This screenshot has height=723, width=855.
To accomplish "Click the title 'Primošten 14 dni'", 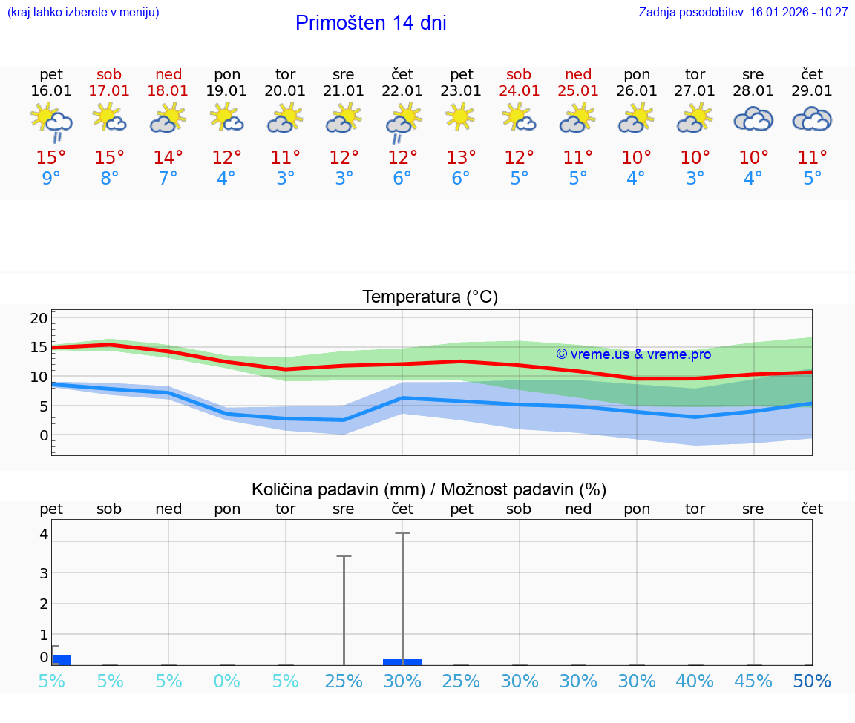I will click(x=370, y=23).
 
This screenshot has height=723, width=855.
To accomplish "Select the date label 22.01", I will click(x=402, y=91).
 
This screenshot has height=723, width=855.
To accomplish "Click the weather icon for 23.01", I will click(x=461, y=117).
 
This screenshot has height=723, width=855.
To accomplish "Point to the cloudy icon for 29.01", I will click(x=812, y=119).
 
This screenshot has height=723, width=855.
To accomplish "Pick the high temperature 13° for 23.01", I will click(x=461, y=157).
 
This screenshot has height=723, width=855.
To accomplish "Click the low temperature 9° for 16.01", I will click(x=51, y=179).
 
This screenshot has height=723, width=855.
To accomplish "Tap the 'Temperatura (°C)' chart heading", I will click(x=430, y=297).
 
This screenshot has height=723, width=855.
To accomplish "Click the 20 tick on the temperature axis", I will click(x=39, y=318).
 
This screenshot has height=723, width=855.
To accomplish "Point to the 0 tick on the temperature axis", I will click(x=43, y=435).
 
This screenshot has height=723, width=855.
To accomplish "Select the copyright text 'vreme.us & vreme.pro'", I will click(x=634, y=354).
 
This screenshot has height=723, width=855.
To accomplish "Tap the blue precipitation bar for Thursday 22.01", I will click(x=402, y=661).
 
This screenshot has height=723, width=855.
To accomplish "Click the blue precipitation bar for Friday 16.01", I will click(x=61, y=660).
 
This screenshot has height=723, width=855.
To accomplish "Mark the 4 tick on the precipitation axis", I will click(x=44, y=534).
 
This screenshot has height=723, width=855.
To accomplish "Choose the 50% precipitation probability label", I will click(x=812, y=681).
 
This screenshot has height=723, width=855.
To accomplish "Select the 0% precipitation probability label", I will click(x=227, y=681).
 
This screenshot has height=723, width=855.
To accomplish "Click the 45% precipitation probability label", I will click(x=753, y=681).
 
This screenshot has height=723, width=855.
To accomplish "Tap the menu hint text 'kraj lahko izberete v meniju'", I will click(x=83, y=12).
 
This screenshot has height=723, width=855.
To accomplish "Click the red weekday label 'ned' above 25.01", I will click(x=578, y=74).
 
